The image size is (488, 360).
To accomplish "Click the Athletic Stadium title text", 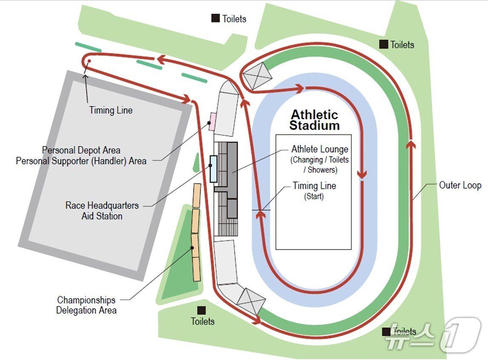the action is tap(314, 120).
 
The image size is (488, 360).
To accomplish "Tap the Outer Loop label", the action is tap(460, 185).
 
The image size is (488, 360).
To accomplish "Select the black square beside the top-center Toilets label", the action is tap(216, 18).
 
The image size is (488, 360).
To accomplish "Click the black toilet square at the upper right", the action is tap(383, 44).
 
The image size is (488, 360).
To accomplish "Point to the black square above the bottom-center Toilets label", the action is tap(201, 310).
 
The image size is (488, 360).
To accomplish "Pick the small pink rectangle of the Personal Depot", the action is tap(213, 122).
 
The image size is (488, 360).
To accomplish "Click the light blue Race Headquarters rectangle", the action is tap(213, 169).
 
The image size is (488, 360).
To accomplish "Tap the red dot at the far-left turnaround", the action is tap(89, 61).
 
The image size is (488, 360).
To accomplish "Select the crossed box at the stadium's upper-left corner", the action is tap(257, 76).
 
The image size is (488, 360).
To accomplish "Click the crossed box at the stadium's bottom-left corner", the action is tap(251, 301).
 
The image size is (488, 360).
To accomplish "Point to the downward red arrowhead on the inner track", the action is tap(362, 174).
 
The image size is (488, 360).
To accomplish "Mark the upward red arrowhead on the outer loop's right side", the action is tap(411, 145).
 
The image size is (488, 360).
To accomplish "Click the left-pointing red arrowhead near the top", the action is tap(161, 58).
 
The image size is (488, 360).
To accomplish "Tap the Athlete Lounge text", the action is tap(320, 149).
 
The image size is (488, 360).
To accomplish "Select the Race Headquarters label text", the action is tap(102, 205).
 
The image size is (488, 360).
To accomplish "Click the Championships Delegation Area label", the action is tap(86, 305).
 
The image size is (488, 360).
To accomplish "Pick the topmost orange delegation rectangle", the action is tap(197, 196).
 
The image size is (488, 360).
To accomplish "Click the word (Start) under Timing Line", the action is tap(314, 196).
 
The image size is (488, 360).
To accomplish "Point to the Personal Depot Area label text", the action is tap(81, 150).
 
